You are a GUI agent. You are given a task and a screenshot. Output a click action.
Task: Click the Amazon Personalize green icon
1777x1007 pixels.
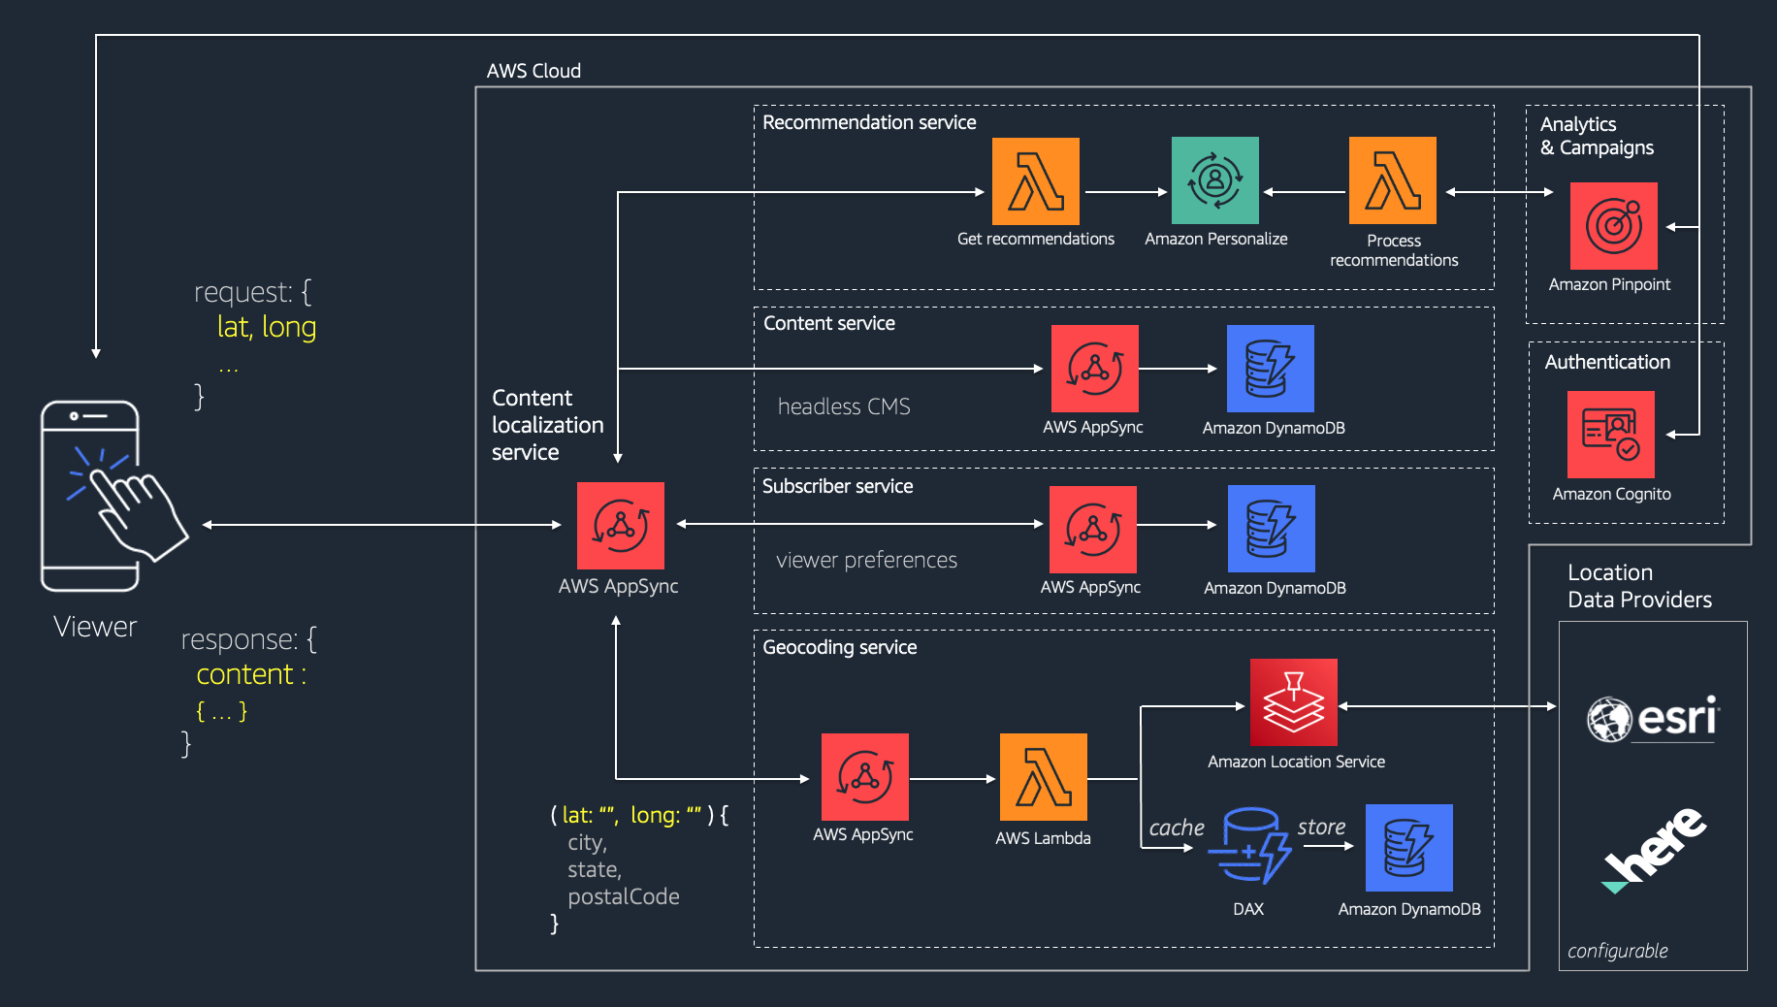tap(1214, 180)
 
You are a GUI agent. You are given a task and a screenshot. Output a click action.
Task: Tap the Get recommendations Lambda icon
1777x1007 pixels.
tap(1035, 181)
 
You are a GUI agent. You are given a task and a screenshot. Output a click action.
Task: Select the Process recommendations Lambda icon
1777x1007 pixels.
tap(1392, 180)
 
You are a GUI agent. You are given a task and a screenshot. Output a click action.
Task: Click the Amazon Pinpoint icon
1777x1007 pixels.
tap(1613, 226)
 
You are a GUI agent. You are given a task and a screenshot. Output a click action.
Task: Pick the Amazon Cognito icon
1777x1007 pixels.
tap(1610, 435)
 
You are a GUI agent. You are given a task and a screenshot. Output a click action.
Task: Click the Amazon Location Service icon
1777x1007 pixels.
tap(1293, 702)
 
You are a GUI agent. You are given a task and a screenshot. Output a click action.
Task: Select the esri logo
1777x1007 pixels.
tap(1653, 719)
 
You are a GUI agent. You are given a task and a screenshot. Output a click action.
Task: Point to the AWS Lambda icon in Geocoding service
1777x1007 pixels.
tap(1043, 777)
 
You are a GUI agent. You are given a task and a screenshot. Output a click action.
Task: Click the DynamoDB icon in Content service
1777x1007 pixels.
tap(1270, 369)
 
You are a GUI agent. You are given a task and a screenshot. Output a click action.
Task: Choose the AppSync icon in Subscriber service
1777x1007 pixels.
tap(1092, 529)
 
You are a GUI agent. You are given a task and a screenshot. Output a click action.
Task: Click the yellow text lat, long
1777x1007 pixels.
tap(267, 327)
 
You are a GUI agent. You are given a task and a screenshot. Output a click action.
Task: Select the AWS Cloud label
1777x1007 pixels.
tap(533, 71)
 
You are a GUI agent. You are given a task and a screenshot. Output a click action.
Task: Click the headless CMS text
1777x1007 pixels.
tap(844, 406)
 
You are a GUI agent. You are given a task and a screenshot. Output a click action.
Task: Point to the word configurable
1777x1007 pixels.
tap(1617, 951)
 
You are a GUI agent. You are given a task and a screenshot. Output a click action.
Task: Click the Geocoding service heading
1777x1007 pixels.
tap(839, 647)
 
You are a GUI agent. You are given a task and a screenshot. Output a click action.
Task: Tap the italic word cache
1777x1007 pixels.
tap(1176, 828)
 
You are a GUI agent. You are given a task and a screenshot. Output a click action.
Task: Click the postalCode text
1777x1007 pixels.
tap(623, 896)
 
